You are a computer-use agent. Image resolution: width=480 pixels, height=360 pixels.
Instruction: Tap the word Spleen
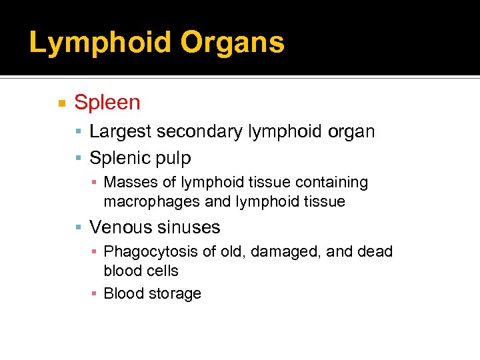(x=107, y=103)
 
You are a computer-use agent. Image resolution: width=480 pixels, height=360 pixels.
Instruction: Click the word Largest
(x=121, y=132)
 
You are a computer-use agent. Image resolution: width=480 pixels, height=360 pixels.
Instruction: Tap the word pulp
(x=173, y=159)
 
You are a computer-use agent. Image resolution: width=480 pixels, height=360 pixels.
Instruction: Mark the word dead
(x=375, y=252)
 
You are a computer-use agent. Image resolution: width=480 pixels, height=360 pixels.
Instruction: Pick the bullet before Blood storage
(x=95, y=294)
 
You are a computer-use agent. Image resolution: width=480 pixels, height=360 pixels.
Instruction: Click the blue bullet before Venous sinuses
(x=79, y=228)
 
